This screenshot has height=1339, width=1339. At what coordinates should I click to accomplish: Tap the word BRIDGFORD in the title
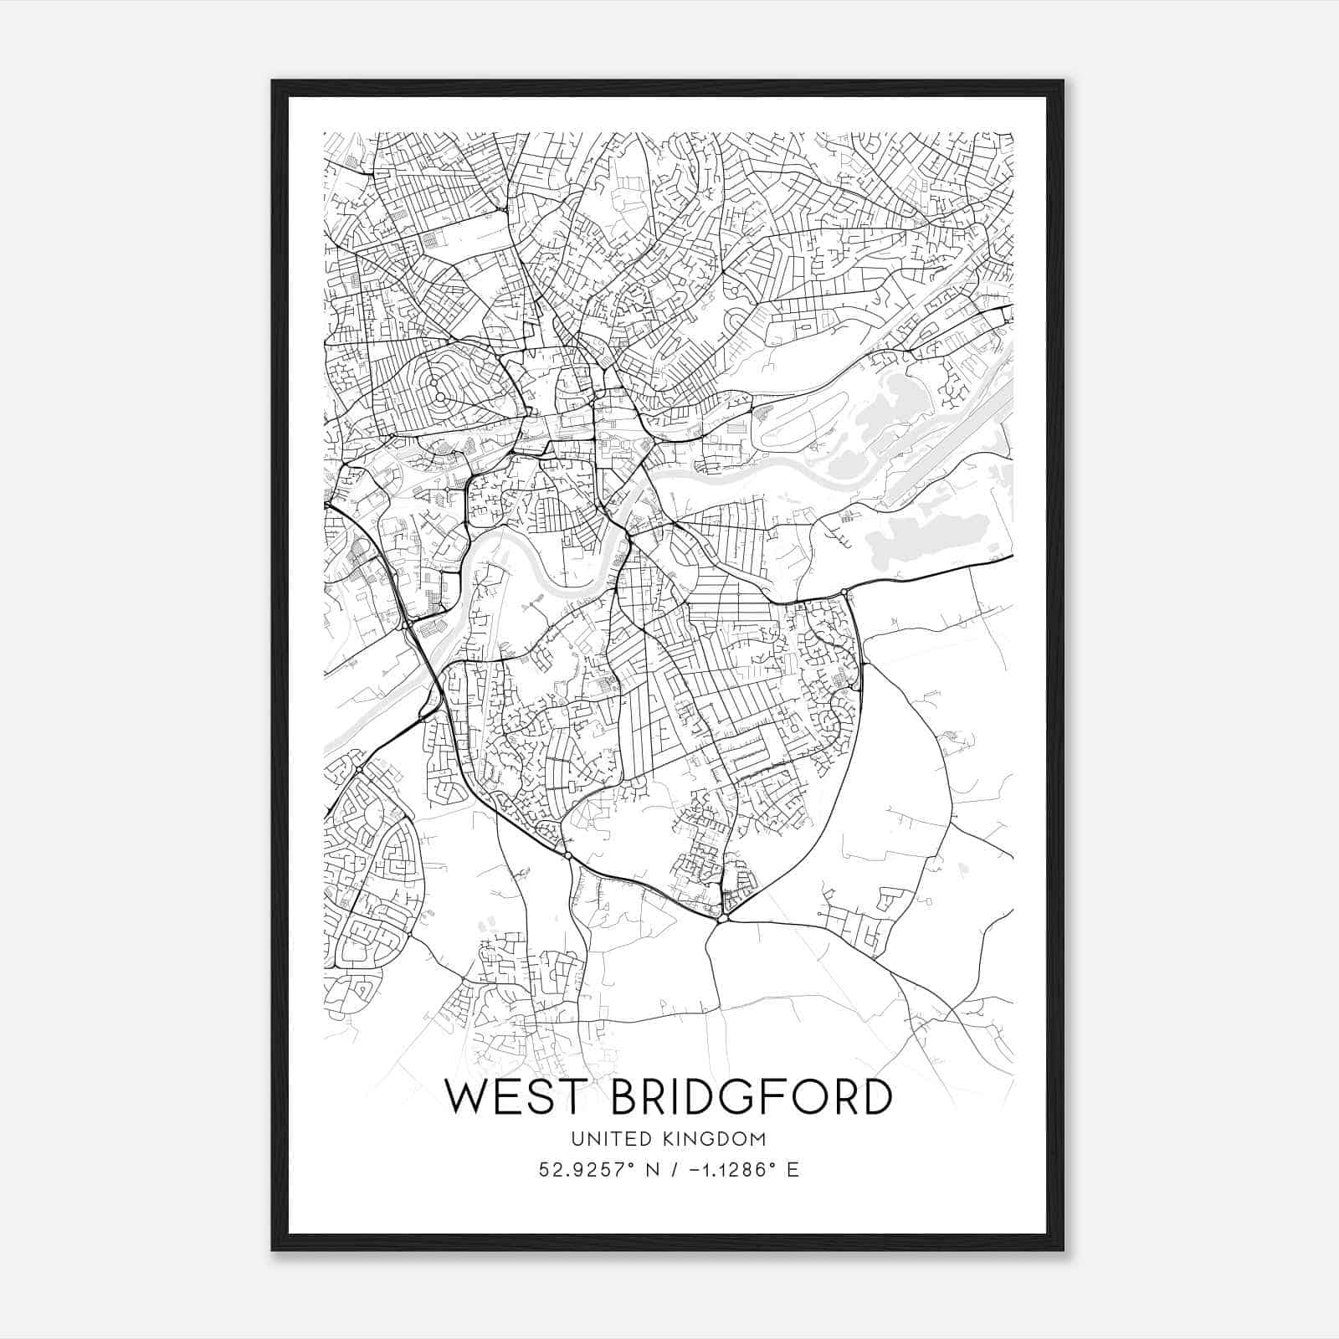[752, 1097]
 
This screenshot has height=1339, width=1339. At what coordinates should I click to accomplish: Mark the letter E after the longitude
[793, 1170]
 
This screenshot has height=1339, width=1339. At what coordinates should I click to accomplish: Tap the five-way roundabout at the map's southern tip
[721, 919]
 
